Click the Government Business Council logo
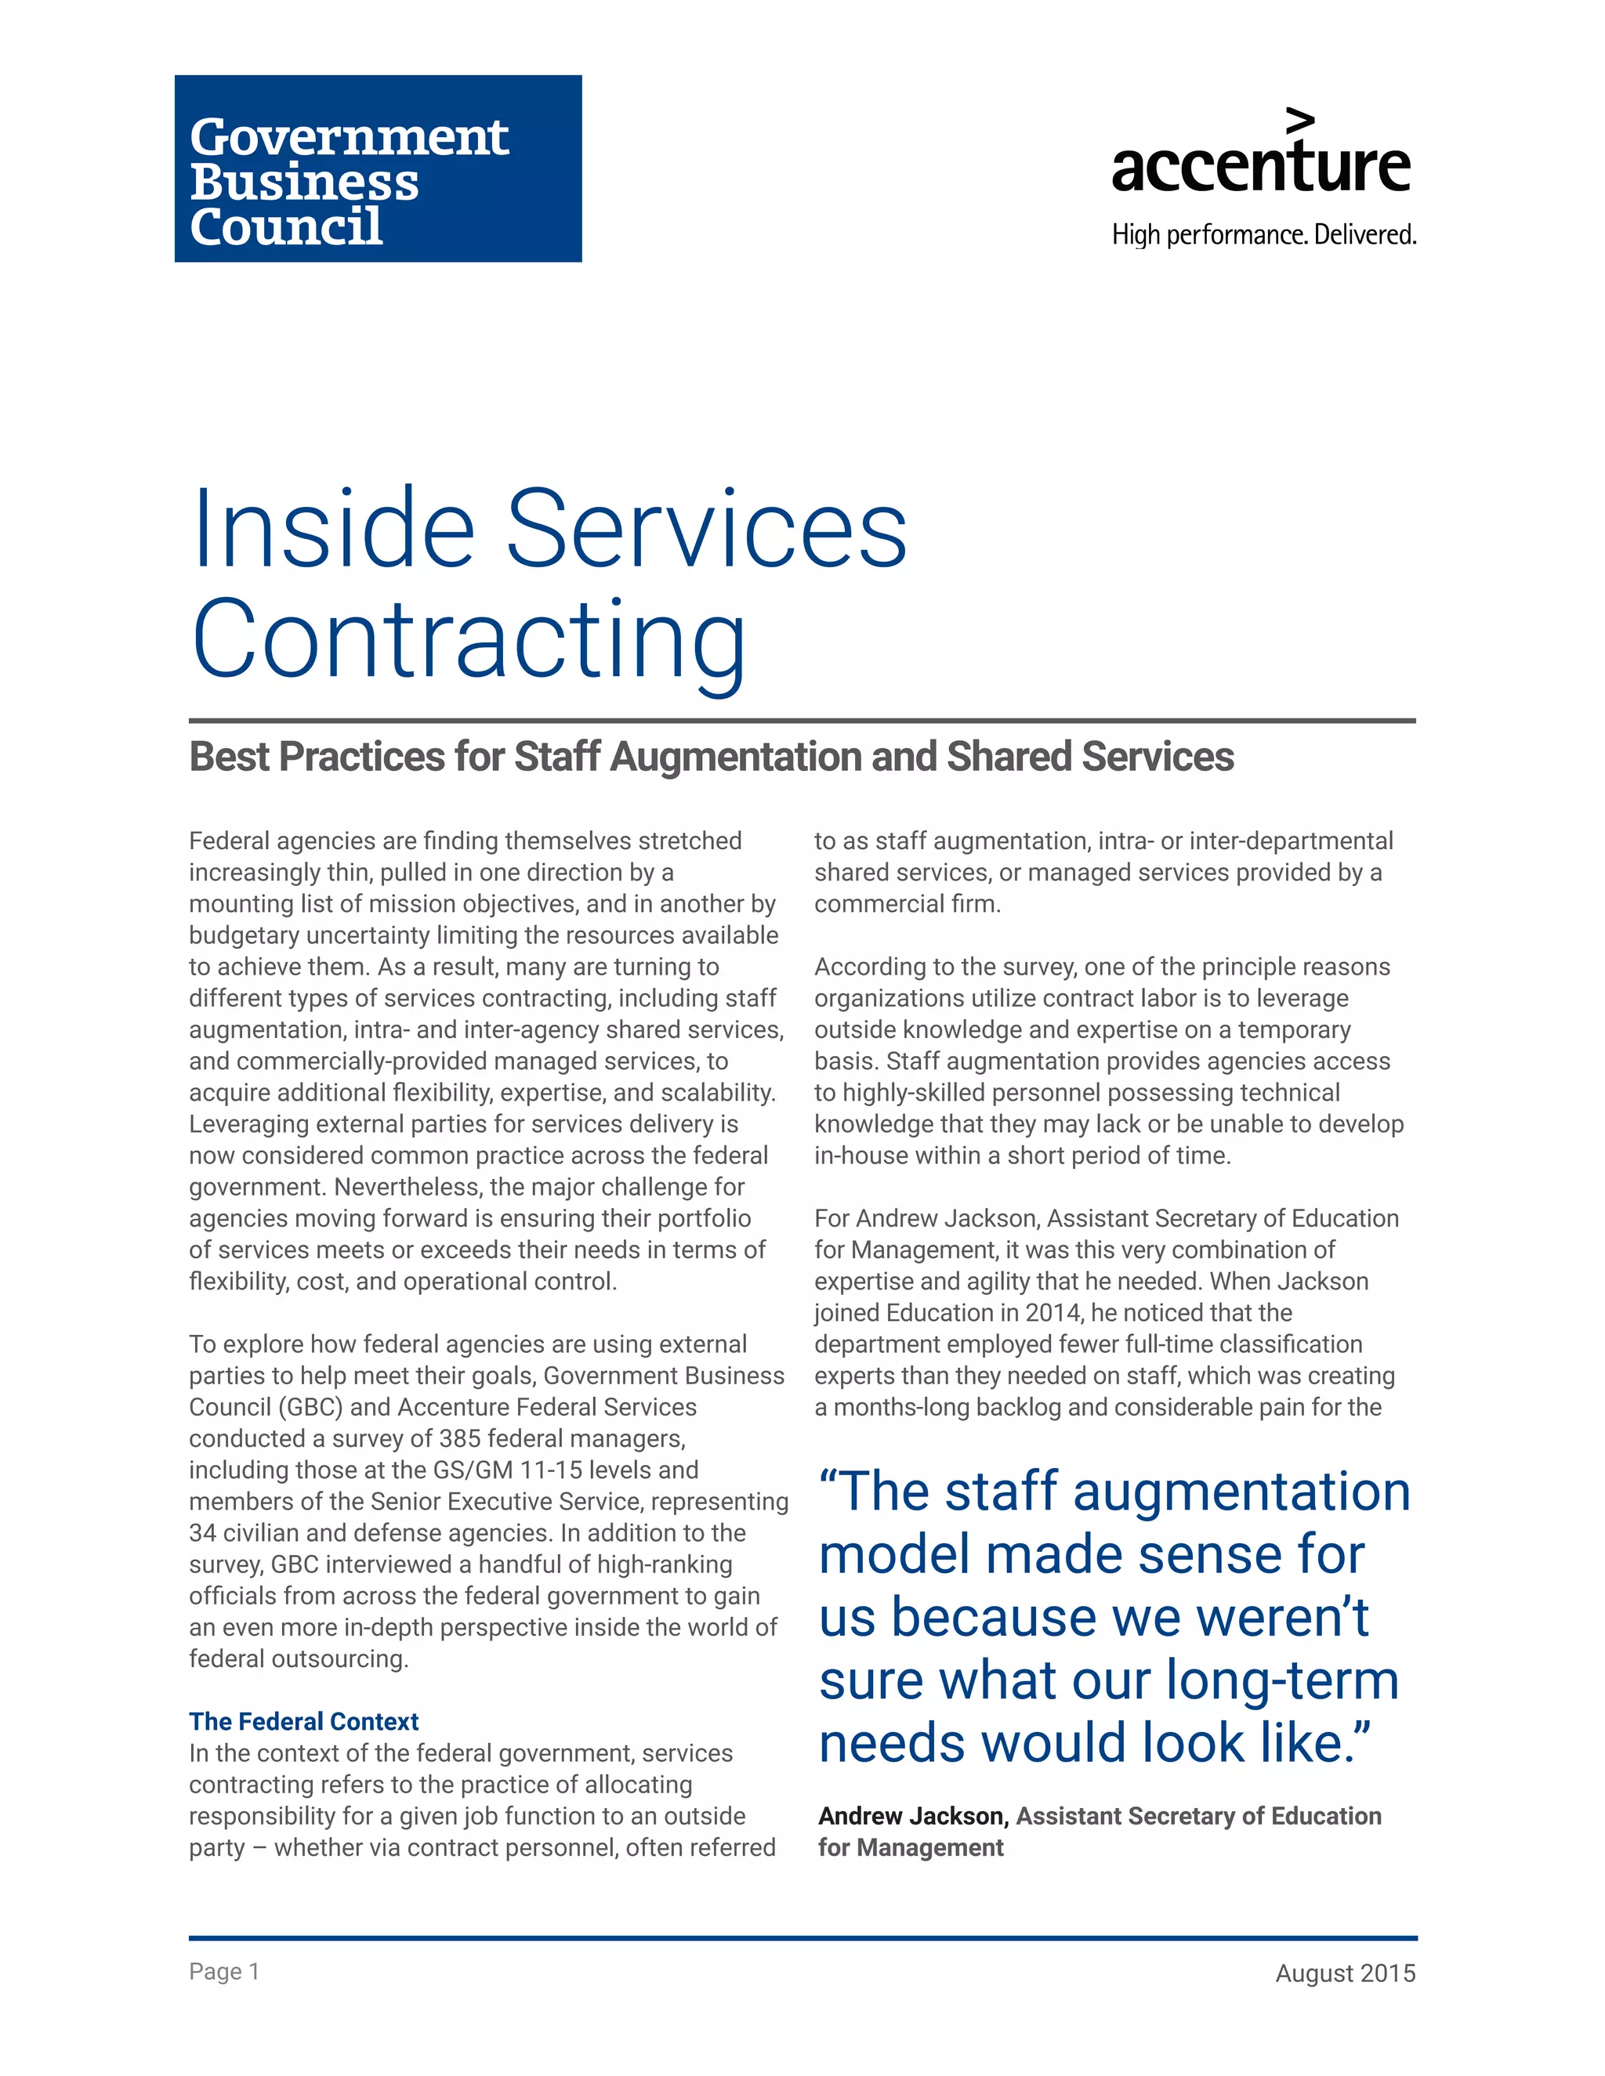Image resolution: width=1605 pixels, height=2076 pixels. (x=378, y=168)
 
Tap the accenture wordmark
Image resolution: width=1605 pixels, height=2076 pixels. (x=1260, y=166)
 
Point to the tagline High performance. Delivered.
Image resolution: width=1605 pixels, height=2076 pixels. (x=1263, y=235)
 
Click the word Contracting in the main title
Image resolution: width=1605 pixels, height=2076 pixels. (x=469, y=640)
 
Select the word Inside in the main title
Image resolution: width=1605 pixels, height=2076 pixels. (x=333, y=529)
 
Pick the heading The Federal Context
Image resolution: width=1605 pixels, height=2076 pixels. (x=303, y=1721)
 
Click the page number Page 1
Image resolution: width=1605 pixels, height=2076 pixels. (x=223, y=1972)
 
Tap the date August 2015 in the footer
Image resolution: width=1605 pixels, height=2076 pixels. (x=1345, y=1973)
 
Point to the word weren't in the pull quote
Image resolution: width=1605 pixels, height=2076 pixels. (x=1273, y=1618)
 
